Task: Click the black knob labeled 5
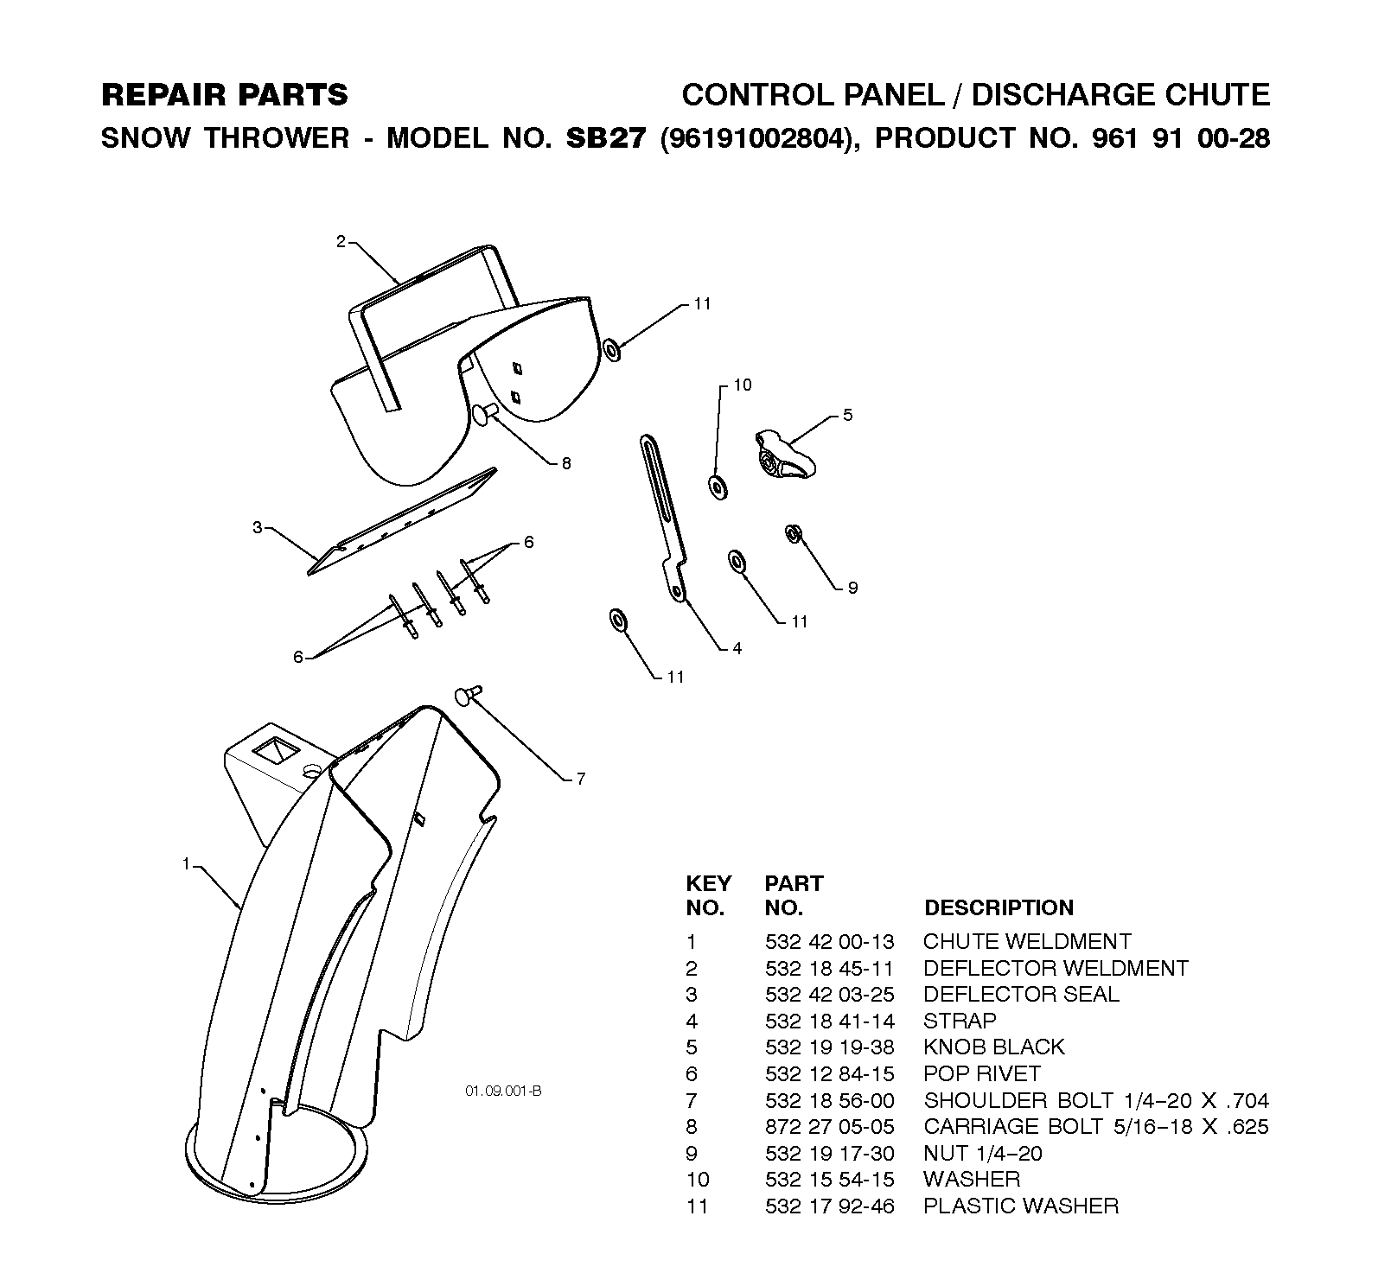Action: click(784, 454)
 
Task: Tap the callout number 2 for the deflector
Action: click(341, 242)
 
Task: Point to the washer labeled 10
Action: click(718, 487)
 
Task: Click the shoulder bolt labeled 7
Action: click(469, 694)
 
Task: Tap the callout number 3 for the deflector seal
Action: click(257, 528)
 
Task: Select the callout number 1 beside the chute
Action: click(185, 862)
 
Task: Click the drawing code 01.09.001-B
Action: click(503, 1092)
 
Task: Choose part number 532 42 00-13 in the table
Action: click(830, 941)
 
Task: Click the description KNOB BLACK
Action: click(994, 1047)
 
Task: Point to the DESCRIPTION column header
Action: click(999, 907)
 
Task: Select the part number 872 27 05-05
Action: click(830, 1126)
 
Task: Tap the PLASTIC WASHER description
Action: click(1021, 1206)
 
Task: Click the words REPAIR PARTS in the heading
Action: click(225, 94)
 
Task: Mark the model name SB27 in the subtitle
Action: click(605, 138)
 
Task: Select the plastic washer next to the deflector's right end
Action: click(611, 350)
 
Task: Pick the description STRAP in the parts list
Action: click(960, 1021)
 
